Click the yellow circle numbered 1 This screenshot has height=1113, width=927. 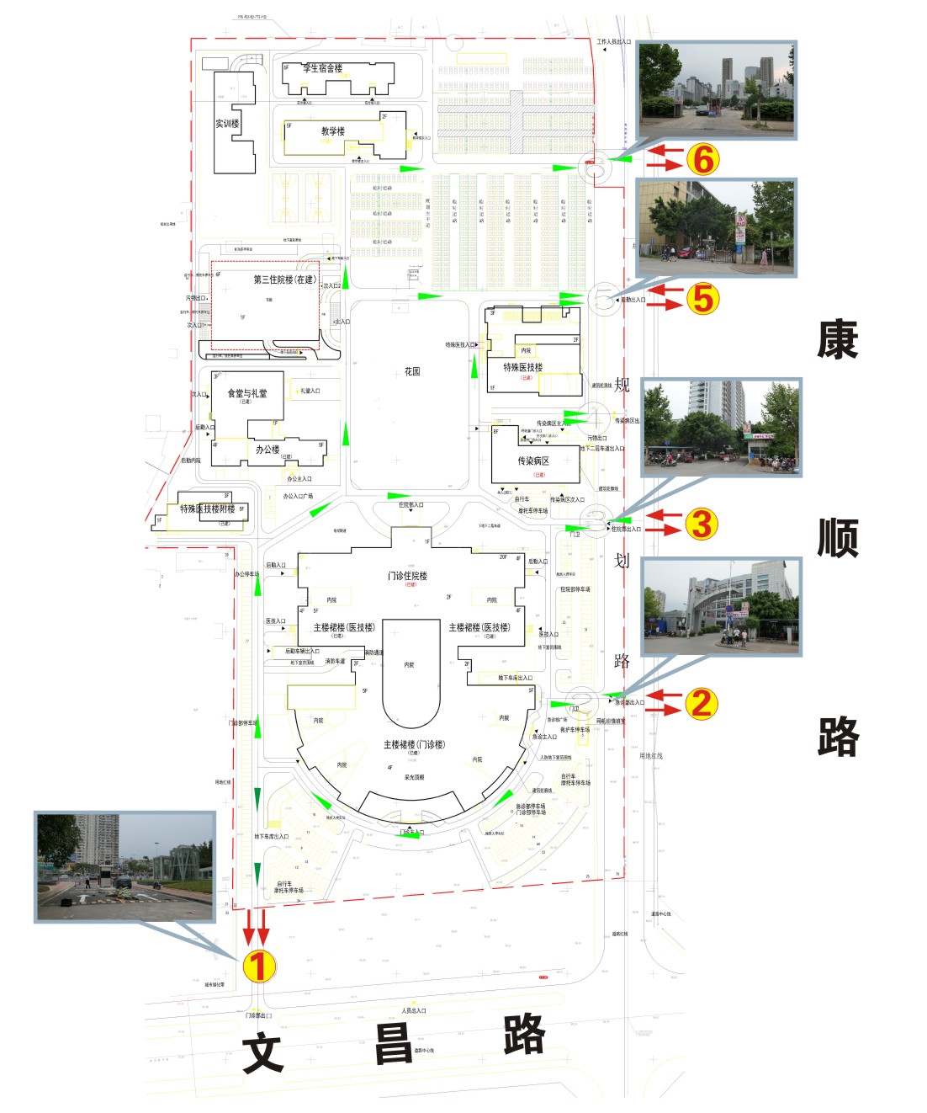(x=259, y=965)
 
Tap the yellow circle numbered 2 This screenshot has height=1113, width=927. (x=702, y=704)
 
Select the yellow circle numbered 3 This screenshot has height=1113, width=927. (x=702, y=524)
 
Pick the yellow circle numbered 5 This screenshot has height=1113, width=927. (x=702, y=298)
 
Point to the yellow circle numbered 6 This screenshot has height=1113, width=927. (x=702, y=158)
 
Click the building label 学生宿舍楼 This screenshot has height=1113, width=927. (x=323, y=68)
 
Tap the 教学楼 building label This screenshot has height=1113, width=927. (x=333, y=131)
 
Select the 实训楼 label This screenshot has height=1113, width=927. (x=227, y=124)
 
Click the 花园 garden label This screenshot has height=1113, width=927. (x=412, y=371)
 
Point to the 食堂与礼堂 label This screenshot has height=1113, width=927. (x=247, y=393)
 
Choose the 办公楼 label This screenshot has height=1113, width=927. (x=268, y=450)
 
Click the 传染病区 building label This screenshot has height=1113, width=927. (x=533, y=461)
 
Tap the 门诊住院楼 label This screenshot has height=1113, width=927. (x=408, y=576)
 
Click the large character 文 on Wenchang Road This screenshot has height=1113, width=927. (x=262, y=1055)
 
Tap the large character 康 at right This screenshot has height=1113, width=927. (x=837, y=339)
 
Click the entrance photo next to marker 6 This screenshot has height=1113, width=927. (x=717, y=90)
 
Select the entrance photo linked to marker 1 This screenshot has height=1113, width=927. (x=124, y=866)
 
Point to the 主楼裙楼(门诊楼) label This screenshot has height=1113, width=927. (x=414, y=744)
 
